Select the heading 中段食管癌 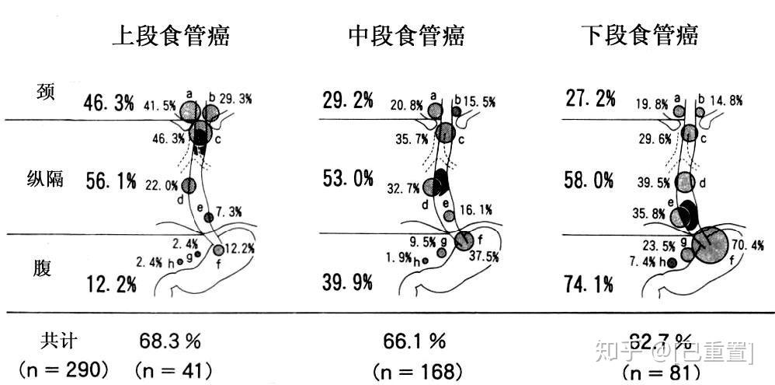coord(406,35)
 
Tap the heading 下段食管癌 coord(640,35)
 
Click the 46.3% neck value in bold coord(109,102)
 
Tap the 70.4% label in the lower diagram coord(748,245)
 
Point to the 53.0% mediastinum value coord(347,180)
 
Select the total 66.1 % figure coord(414,341)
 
